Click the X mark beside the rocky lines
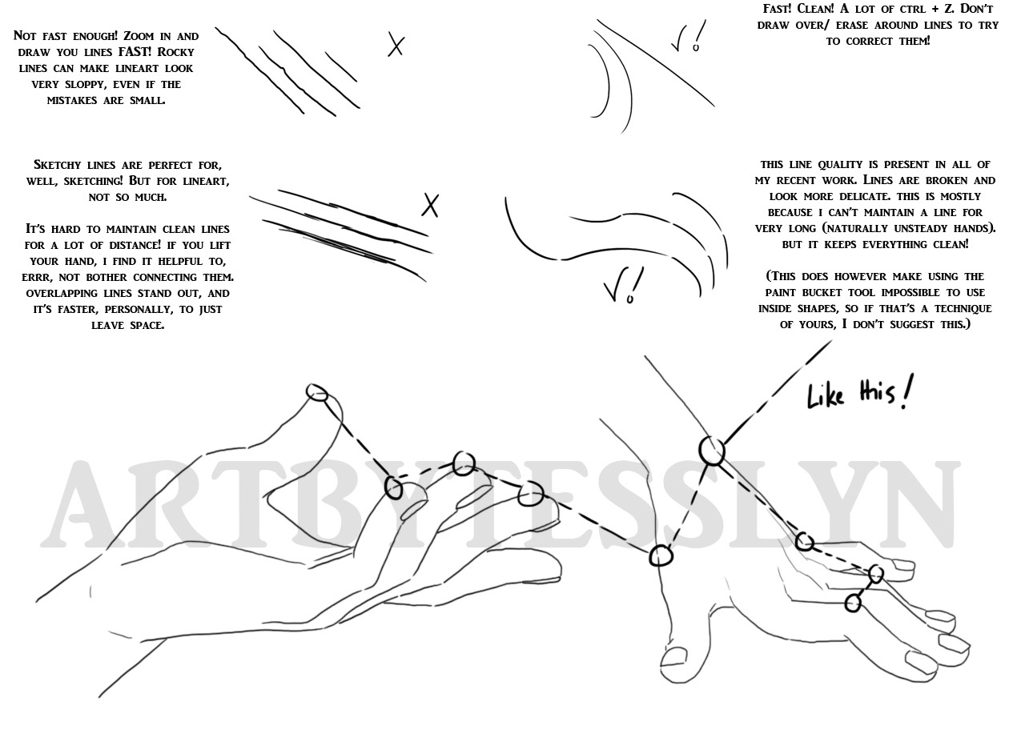pyautogui.click(x=396, y=44)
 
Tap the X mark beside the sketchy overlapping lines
pyautogui.click(x=430, y=206)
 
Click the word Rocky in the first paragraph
pyautogui.click(x=176, y=52)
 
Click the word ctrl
pyautogui.click(x=895, y=9)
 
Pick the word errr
pyautogui.click(x=38, y=277)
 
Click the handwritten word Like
pyautogui.click(x=826, y=396)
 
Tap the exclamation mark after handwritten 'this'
pyautogui.click(x=907, y=391)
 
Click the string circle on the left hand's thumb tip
pyautogui.click(x=318, y=393)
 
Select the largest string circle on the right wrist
pyautogui.click(x=712, y=451)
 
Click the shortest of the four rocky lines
pyautogui.click(x=341, y=66)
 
